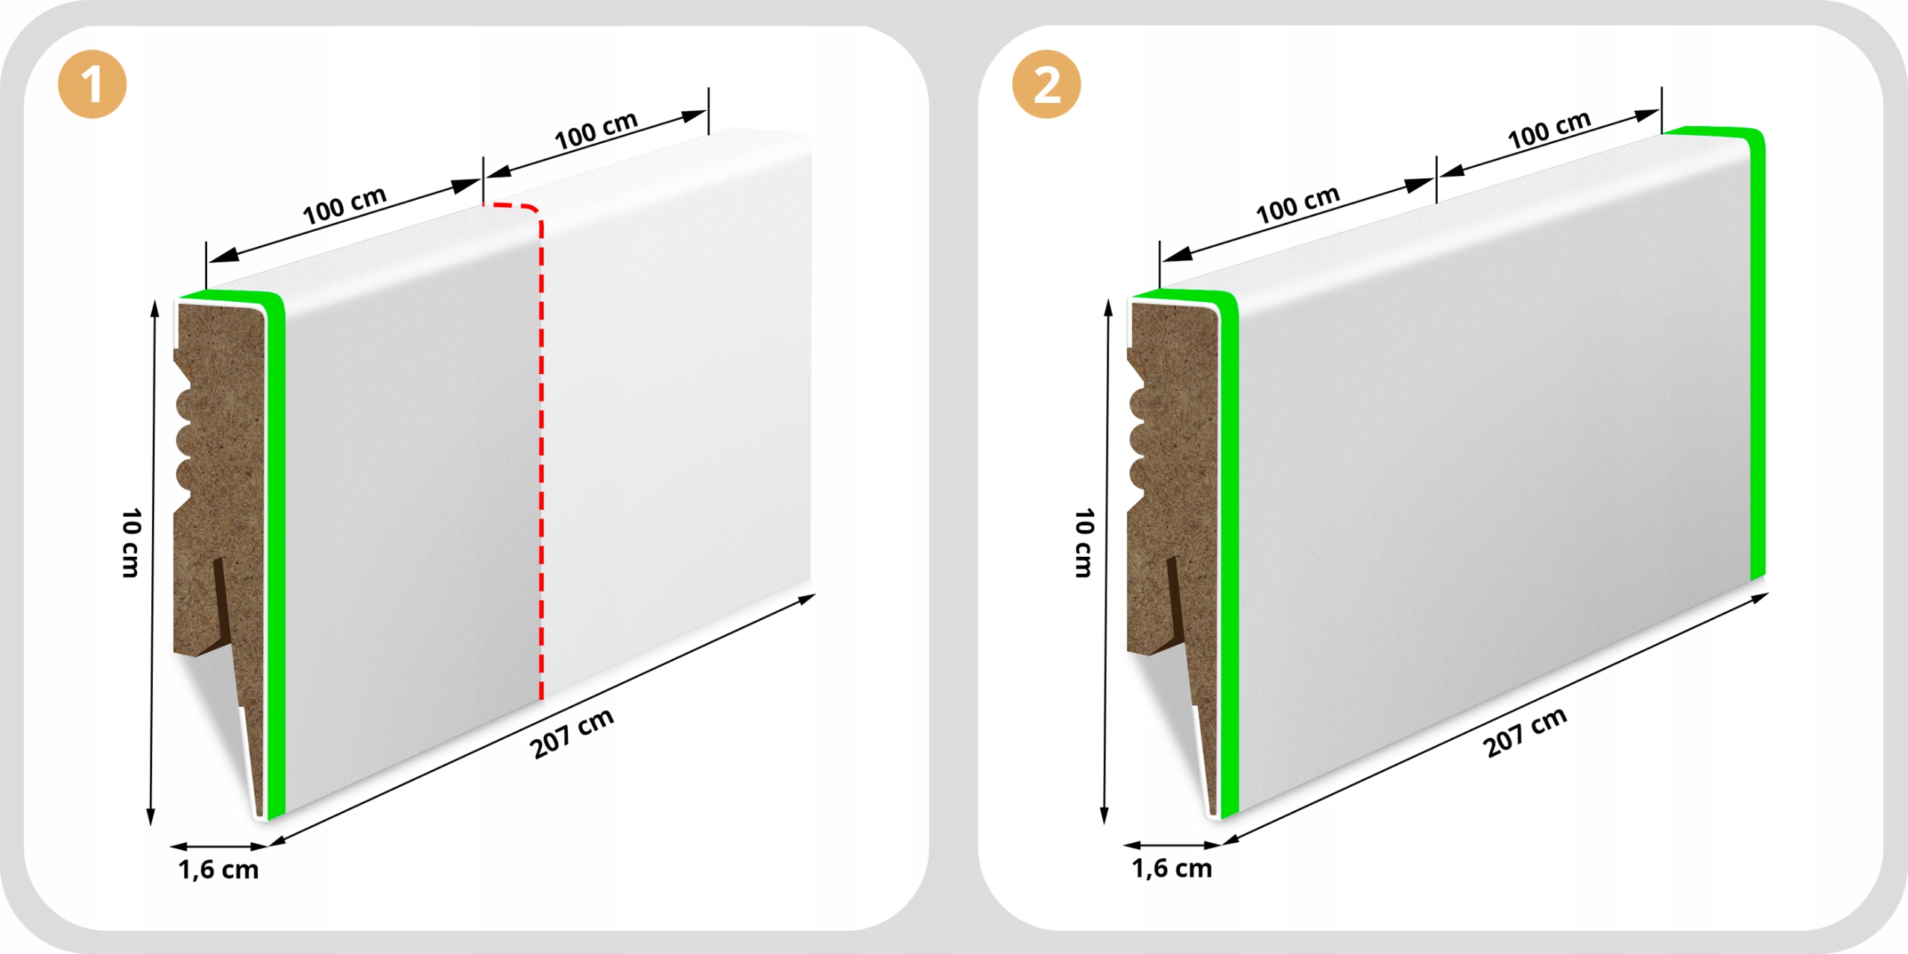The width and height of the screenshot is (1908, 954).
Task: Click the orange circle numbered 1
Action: click(92, 84)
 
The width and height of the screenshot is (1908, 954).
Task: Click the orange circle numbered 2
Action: click(1046, 84)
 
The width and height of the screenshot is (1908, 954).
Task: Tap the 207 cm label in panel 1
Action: click(572, 733)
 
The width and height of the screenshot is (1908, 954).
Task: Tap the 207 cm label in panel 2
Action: click(1525, 732)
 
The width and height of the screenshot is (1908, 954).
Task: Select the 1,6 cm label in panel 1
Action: click(218, 870)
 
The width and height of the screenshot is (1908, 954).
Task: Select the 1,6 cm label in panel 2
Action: click(1172, 868)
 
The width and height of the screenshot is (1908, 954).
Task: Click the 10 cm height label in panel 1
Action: click(131, 543)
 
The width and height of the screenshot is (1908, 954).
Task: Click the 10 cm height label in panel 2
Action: click(1084, 543)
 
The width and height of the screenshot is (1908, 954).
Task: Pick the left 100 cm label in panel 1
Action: click(344, 205)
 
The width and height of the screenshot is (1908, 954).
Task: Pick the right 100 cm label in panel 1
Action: click(596, 130)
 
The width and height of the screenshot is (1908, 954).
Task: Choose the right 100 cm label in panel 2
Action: click(1549, 130)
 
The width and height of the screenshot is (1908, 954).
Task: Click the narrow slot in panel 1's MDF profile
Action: click(221, 596)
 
